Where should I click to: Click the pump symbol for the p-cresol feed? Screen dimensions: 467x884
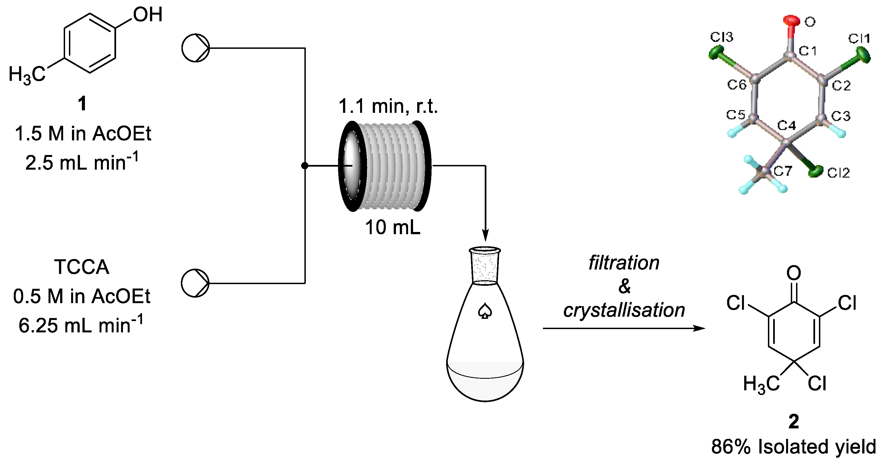195,48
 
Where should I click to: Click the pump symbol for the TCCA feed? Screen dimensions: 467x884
195,283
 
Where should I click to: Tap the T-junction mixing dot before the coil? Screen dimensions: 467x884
304,166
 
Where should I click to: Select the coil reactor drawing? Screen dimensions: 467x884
384,166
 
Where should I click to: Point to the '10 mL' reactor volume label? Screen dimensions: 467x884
393,227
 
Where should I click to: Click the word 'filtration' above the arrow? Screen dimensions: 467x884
624,263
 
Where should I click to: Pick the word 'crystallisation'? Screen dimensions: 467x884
624,310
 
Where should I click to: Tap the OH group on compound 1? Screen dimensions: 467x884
148,15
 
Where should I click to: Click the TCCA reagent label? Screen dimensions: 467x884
82,267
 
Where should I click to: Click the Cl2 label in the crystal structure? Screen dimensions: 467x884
838,173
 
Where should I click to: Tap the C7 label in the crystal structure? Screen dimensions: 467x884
783,171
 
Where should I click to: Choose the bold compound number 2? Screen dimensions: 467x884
793,422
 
